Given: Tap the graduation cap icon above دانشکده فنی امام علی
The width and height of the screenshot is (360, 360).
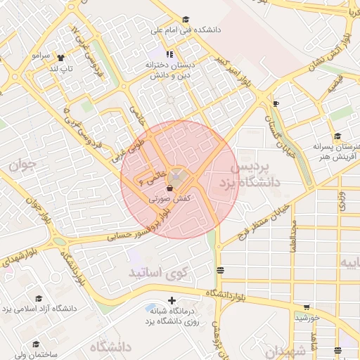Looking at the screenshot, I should (186, 20).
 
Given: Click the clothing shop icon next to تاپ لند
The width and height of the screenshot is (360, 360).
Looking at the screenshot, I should (60, 58).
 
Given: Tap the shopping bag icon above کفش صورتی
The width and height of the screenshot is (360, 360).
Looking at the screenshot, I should (169, 188).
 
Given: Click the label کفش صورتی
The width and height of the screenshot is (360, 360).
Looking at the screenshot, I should (170, 200).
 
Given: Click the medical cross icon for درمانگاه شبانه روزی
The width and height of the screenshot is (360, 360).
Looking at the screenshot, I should (172, 300).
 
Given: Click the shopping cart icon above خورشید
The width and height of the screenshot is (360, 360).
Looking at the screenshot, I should (307, 307).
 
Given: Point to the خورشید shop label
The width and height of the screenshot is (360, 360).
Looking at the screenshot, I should (307, 318).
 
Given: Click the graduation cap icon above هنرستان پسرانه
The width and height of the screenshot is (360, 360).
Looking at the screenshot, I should (338, 136).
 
